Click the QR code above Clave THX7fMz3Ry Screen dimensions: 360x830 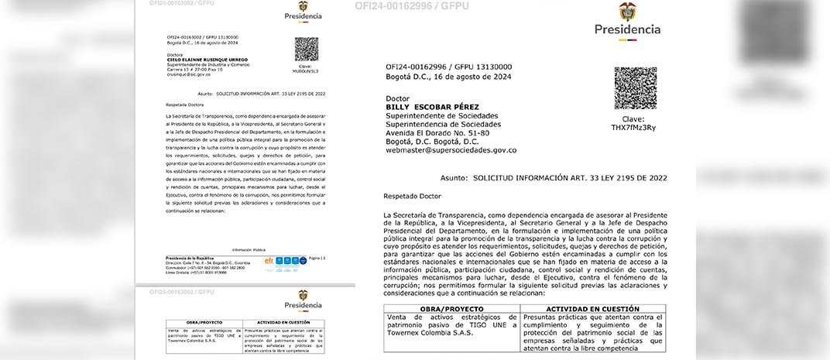click(635, 88)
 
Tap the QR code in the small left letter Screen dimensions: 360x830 click(307, 50)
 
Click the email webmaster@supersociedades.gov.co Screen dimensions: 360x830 click(451, 150)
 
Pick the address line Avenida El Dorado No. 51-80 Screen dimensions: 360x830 click(437, 133)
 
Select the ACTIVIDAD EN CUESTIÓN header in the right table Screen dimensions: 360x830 click(594, 309)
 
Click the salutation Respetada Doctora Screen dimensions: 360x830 click(187, 102)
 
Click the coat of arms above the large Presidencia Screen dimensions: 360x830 click(627, 12)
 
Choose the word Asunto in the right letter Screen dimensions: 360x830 click(454, 177)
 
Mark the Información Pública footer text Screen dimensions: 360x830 click(248, 250)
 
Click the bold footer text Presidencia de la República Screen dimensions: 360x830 click(189, 257)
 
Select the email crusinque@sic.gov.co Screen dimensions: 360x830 click(188, 74)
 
